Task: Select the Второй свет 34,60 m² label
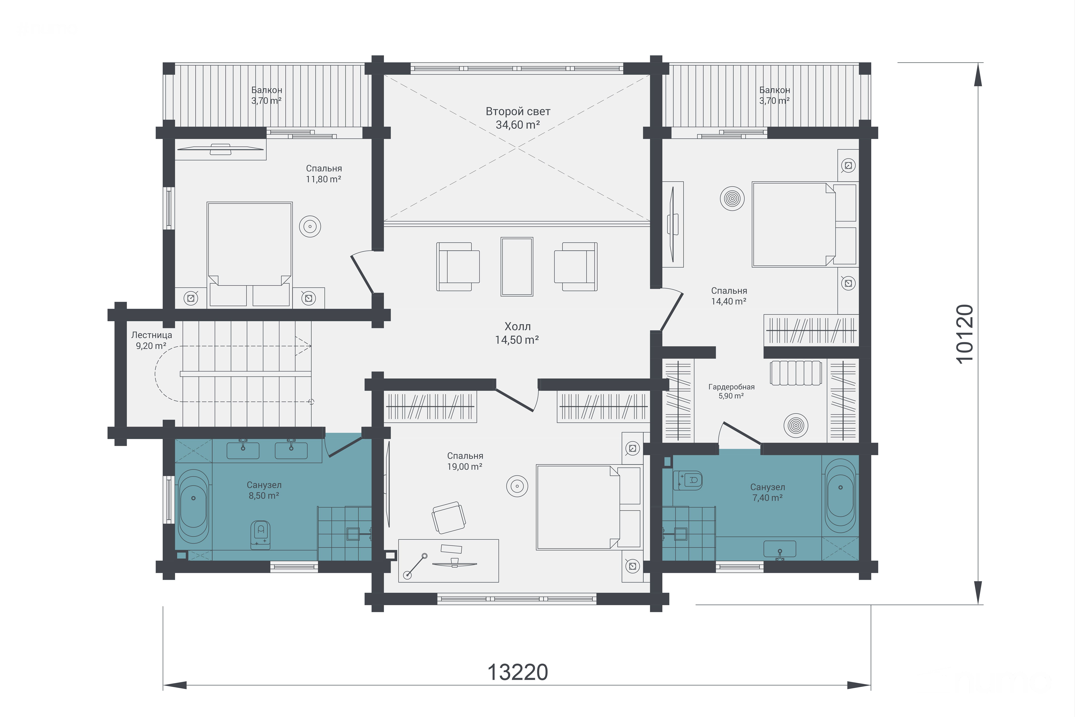518,118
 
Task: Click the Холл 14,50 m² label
517,333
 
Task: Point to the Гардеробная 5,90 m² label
731,391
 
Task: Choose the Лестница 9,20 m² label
151,340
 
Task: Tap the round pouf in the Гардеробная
796,425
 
